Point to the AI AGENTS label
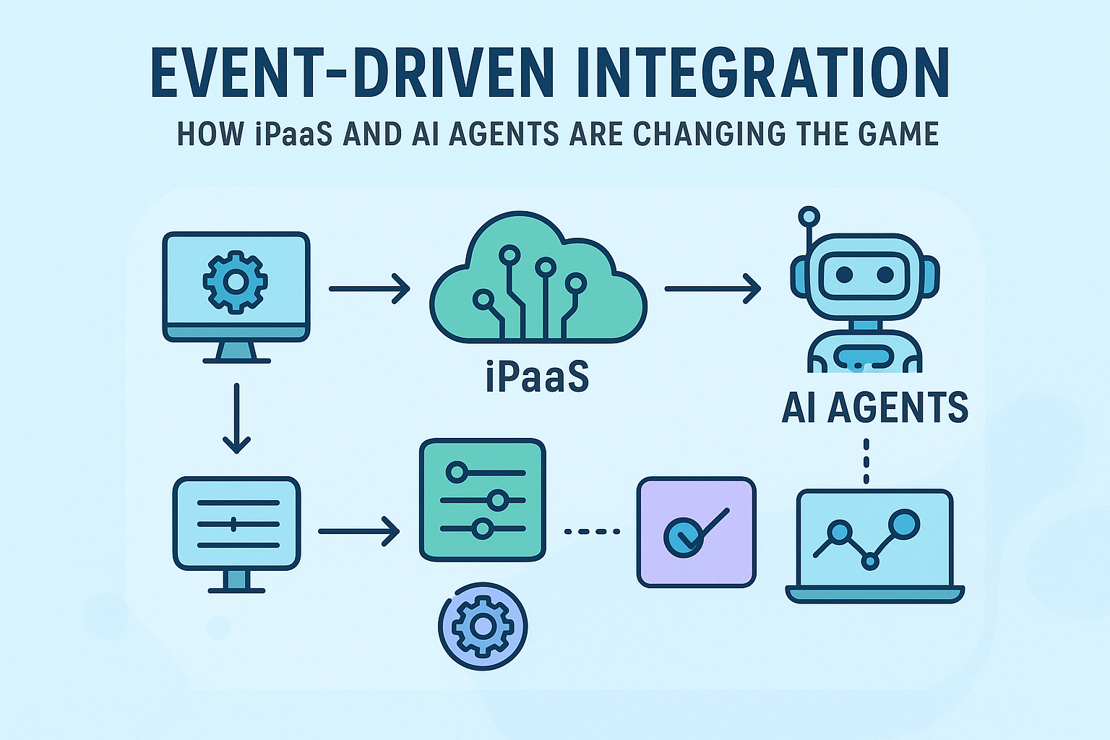point(874,408)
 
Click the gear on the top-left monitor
point(236,281)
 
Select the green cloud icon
point(538,282)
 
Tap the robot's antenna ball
point(809,215)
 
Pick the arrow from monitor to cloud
point(369,288)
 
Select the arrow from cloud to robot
point(712,288)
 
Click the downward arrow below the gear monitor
point(236,419)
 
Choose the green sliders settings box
point(483,499)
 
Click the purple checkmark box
point(696,532)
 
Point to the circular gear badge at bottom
point(483,627)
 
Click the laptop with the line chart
point(874,546)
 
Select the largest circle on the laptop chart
point(905,523)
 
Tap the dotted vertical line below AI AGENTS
point(866,460)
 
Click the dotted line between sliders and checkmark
point(592,532)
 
